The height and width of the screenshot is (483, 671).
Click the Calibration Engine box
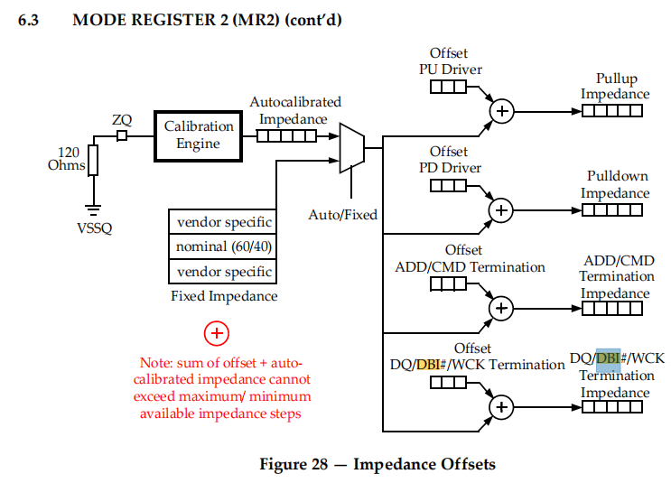click(x=199, y=135)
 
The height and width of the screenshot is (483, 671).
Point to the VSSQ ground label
click(x=94, y=228)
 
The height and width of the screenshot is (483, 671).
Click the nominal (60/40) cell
click(x=224, y=246)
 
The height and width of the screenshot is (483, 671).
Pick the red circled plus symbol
click(x=217, y=333)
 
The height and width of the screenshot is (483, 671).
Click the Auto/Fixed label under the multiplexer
click(x=343, y=215)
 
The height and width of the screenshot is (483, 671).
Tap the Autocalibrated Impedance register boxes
click(x=280, y=135)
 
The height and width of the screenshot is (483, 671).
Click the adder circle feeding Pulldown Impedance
click(x=501, y=210)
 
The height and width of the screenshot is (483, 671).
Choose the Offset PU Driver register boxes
click(x=448, y=87)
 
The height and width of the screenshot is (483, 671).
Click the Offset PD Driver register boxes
click(x=448, y=186)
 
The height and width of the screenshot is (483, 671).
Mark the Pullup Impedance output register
click(x=611, y=111)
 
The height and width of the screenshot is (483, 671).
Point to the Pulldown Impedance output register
click(x=611, y=210)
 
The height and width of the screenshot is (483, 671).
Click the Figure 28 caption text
click(x=377, y=464)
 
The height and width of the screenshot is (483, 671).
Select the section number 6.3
click(x=28, y=20)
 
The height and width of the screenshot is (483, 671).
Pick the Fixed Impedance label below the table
click(x=224, y=296)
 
